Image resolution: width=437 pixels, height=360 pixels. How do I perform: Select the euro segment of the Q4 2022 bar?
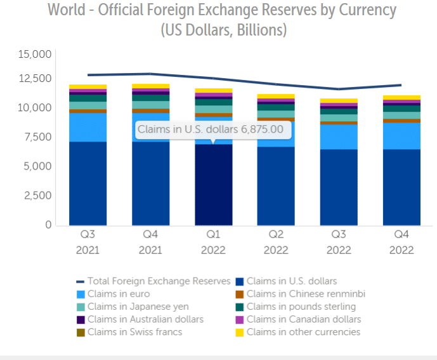pyautogui.click(x=401, y=135)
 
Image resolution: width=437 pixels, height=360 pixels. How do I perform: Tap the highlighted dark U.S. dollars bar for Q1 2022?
pyautogui.click(x=213, y=184)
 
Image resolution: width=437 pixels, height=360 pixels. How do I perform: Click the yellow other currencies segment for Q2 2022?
pyautogui.click(x=276, y=97)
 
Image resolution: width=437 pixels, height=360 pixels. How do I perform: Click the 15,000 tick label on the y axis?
pyautogui.click(x=36, y=55)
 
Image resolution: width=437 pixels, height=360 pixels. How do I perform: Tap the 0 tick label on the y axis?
pyautogui.click(x=47, y=225)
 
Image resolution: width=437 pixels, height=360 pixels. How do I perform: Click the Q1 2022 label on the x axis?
pyautogui.click(x=213, y=242)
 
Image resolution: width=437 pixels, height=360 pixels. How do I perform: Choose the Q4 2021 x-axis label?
pyautogui.click(x=150, y=242)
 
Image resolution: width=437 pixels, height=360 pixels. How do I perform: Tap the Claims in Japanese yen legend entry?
pyautogui.click(x=129, y=307)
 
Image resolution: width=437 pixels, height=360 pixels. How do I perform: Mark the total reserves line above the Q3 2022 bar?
pyautogui.click(x=339, y=89)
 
